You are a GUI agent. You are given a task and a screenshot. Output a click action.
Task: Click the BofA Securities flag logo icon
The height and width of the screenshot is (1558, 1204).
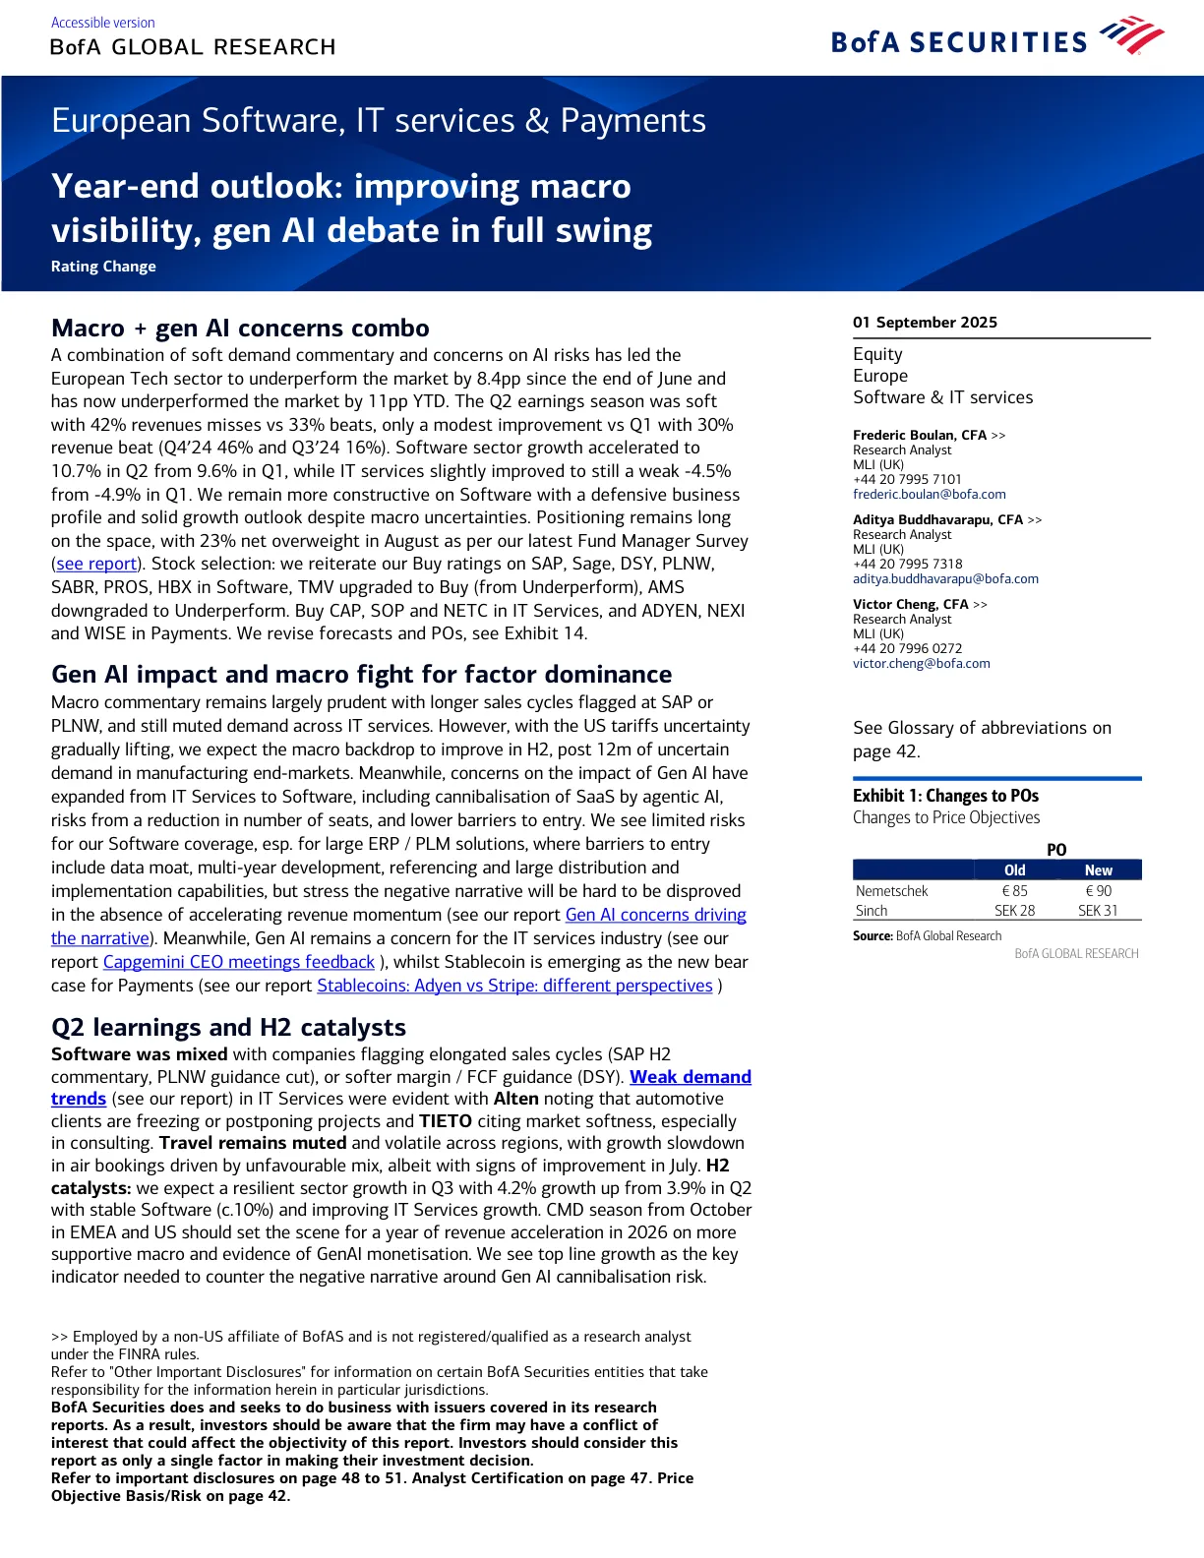pyautogui.click(x=1132, y=35)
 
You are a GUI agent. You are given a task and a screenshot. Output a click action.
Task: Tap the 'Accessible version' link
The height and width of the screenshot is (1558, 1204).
pyautogui.click(x=102, y=23)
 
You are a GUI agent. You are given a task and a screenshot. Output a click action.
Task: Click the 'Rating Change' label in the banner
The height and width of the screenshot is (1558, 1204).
pyautogui.click(x=103, y=267)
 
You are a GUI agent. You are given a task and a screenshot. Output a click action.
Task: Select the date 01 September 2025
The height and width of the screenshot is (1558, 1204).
pyautogui.click(x=925, y=323)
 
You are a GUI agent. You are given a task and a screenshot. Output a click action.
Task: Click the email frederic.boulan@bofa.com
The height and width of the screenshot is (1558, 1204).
pyautogui.click(x=929, y=494)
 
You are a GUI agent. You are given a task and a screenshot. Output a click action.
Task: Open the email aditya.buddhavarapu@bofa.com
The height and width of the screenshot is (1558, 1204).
pyautogui.click(x=945, y=578)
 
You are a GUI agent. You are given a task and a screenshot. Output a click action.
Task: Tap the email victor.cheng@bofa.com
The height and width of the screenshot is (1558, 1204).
pyautogui.click(x=921, y=663)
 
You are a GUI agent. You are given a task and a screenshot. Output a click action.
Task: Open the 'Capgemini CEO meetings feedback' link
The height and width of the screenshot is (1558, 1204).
pyautogui.click(x=239, y=962)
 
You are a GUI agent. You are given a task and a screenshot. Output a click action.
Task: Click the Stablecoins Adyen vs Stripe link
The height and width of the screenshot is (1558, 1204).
pyautogui.click(x=514, y=986)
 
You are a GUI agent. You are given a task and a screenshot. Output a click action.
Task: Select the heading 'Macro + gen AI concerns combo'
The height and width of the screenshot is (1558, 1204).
pyautogui.click(x=240, y=328)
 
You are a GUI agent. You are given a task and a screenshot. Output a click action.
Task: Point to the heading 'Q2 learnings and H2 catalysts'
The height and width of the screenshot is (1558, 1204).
pyautogui.click(x=228, y=1027)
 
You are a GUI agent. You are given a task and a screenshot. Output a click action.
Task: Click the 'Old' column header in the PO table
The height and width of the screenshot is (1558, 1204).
pyautogui.click(x=1014, y=870)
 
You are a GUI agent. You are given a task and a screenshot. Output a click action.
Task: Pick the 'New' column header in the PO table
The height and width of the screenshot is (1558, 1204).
pyautogui.click(x=1098, y=870)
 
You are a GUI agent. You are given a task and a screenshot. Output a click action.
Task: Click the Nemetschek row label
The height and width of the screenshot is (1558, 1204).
pyautogui.click(x=891, y=891)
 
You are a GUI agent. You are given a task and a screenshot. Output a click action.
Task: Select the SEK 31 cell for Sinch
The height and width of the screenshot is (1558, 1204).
pyautogui.click(x=1098, y=911)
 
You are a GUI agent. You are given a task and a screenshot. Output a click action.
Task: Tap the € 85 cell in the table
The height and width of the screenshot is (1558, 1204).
pyautogui.click(x=1014, y=891)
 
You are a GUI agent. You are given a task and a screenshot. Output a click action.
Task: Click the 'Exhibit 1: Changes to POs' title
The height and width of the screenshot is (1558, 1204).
pyautogui.click(x=945, y=796)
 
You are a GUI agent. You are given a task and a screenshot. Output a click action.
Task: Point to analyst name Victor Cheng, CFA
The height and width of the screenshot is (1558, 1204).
pyautogui.click(x=910, y=604)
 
